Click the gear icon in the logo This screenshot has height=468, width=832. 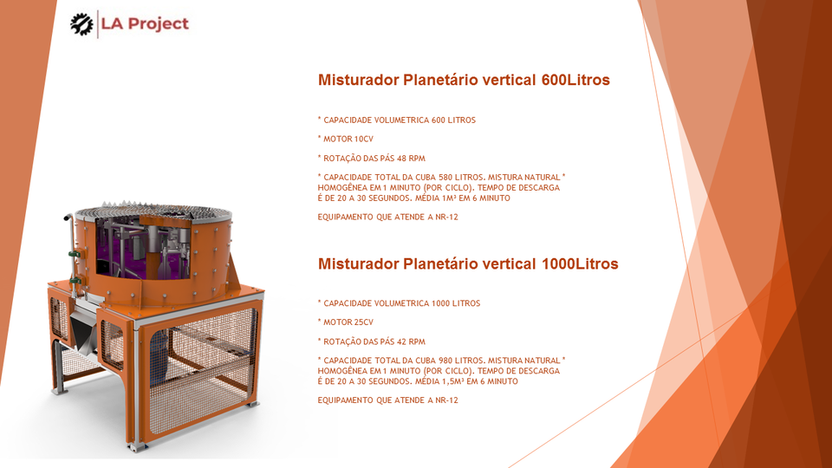tap(81, 24)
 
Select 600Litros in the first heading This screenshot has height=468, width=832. tap(575, 80)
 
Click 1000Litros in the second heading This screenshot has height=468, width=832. tap(580, 263)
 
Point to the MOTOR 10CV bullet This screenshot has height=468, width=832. tap(346, 139)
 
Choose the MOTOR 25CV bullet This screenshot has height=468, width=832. tap(346, 322)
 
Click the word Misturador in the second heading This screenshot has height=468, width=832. tap(359, 263)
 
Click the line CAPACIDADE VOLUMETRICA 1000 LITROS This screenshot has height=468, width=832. tap(399, 303)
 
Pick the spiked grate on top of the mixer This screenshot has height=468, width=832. tap(152, 211)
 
